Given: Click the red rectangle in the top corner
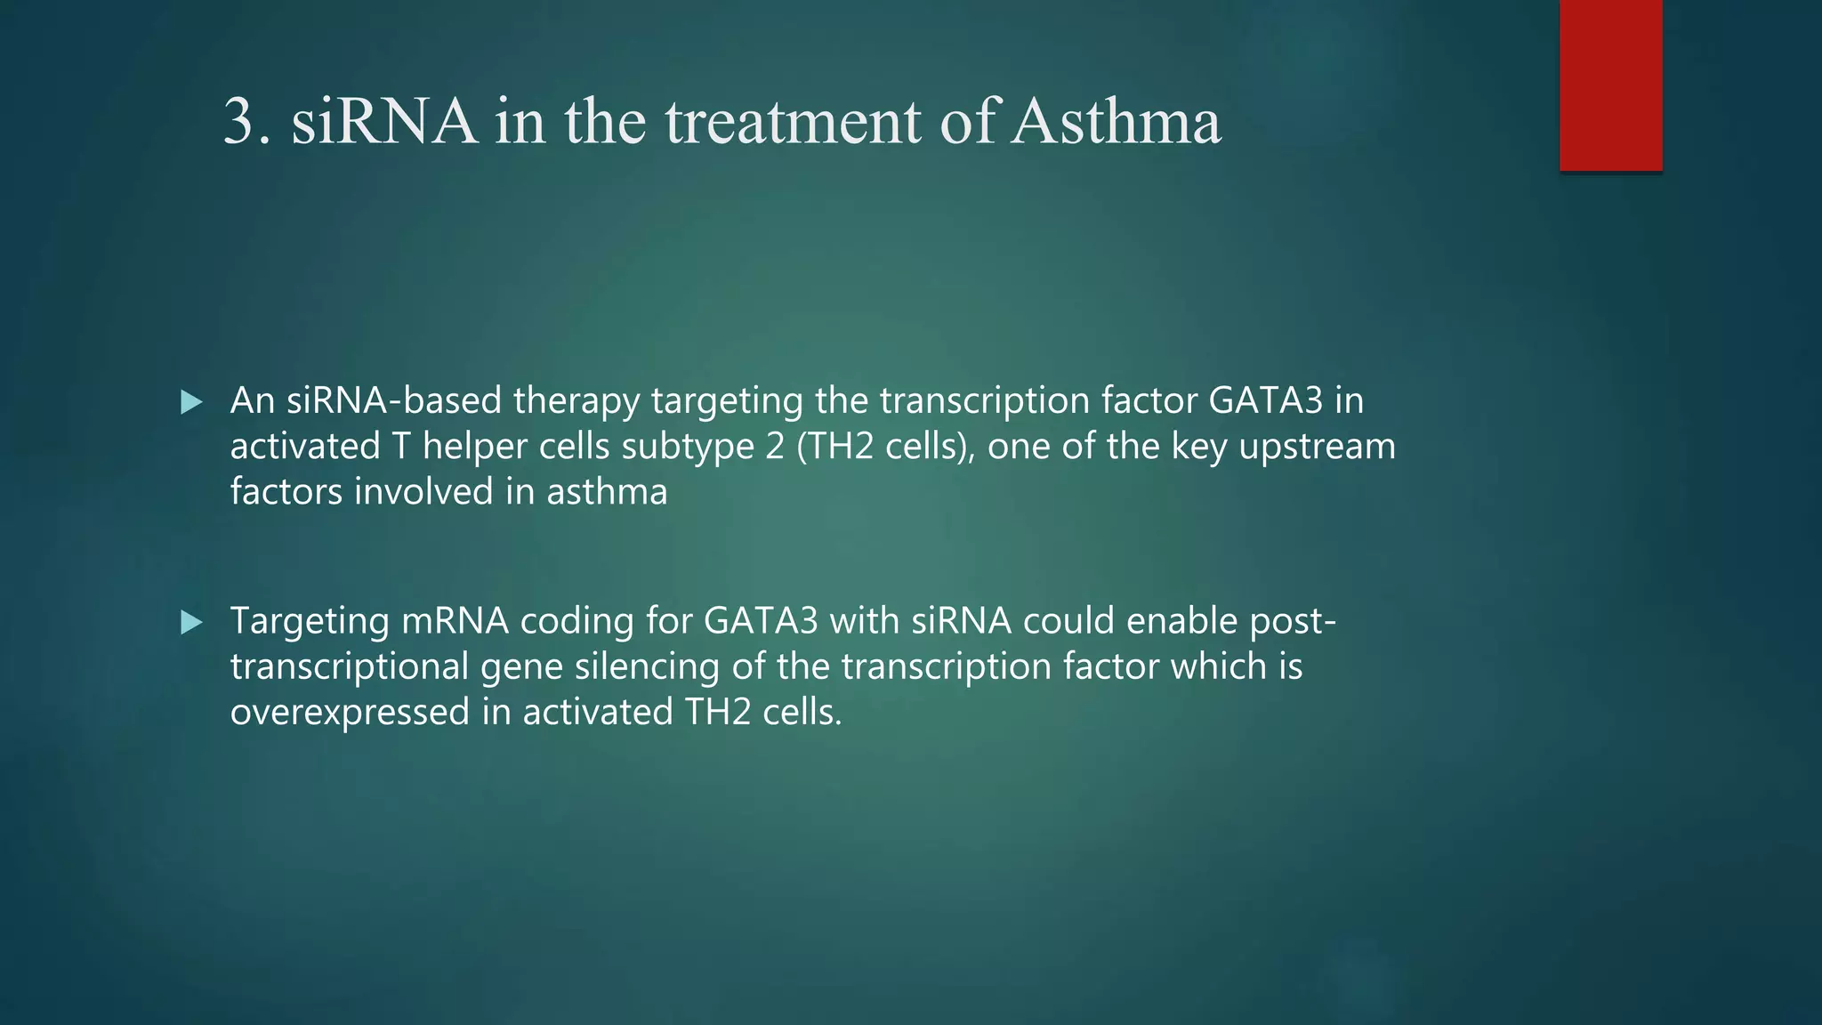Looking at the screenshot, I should coord(1610,85).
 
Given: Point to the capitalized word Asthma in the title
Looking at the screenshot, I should coord(1117,121).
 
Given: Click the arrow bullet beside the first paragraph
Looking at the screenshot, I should coord(191,402).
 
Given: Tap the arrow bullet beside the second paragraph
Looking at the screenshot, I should coord(191,622).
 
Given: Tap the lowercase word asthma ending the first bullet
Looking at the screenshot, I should coord(607,492).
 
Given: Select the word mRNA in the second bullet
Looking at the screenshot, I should coord(455,621).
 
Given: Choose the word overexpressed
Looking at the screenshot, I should coord(350,713).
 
